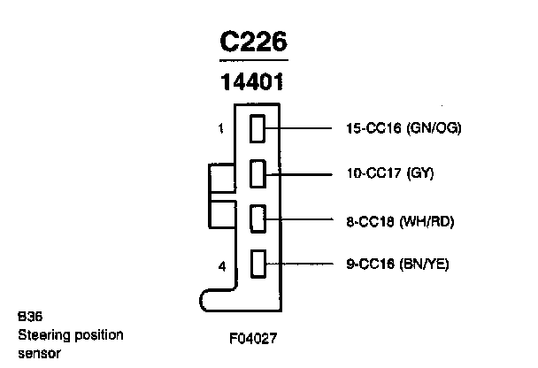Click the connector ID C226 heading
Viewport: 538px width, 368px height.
(254, 43)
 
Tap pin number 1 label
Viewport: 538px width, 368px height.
(220, 129)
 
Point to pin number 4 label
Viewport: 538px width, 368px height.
(220, 264)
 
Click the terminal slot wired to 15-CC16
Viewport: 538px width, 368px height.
(258, 130)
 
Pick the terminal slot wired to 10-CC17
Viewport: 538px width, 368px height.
(258, 174)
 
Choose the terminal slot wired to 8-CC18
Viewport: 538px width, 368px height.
(258, 218)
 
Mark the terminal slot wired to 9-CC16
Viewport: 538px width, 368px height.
(258, 263)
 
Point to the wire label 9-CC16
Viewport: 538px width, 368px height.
(370, 263)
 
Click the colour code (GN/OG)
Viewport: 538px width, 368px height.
(434, 129)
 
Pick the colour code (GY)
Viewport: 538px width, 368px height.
(420, 174)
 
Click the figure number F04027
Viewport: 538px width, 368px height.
(254, 337)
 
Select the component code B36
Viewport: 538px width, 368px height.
(27, 316)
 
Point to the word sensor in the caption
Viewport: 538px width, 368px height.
(36, 354)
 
